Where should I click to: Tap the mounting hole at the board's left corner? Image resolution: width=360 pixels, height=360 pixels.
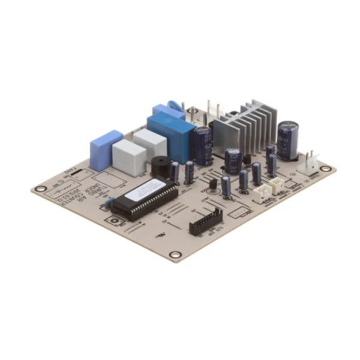[41, 189]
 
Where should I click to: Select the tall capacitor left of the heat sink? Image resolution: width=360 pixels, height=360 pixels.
[202, 144]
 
